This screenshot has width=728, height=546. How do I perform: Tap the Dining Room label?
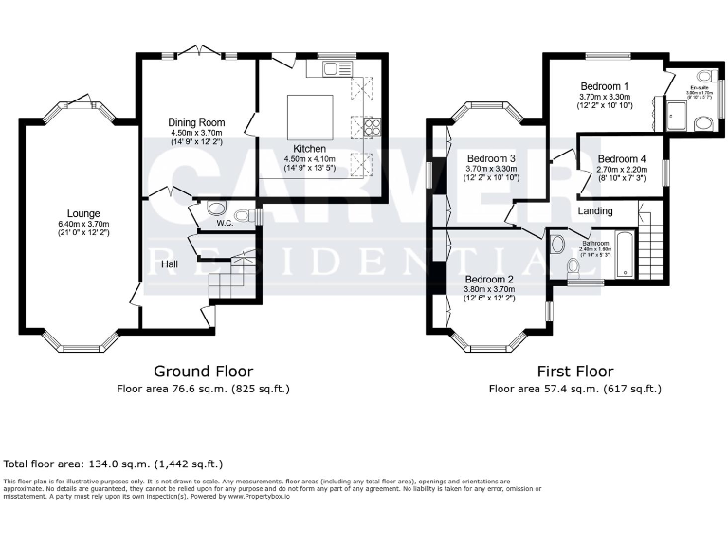point(196,122)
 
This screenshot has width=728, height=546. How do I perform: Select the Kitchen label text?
point(310,149)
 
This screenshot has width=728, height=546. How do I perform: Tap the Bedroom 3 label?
point(491,158)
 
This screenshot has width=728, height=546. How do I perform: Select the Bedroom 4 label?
point(621,158)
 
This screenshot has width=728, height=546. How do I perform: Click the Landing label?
point(595,210)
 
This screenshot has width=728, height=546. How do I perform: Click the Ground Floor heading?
point(203,372)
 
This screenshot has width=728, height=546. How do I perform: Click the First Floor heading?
point(574,372)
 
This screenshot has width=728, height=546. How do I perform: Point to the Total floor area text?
point(113,464)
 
